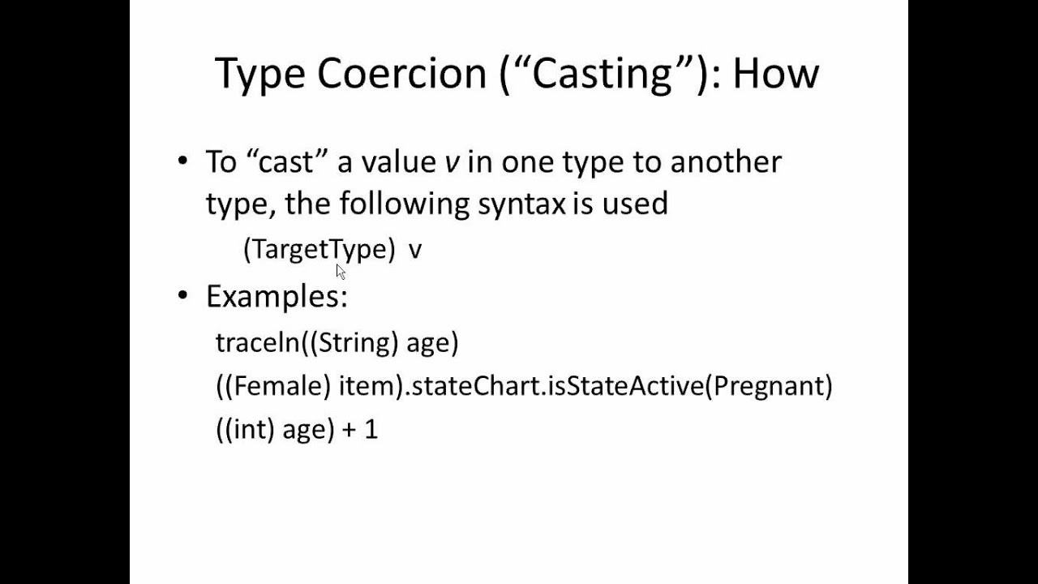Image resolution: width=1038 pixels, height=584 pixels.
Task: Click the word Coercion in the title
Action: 402,74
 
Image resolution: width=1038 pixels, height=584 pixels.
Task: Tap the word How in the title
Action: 775,74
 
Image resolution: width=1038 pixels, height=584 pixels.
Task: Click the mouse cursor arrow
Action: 340,271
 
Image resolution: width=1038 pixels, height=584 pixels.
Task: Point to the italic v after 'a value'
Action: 452,162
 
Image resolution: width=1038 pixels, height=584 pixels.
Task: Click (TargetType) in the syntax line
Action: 319,249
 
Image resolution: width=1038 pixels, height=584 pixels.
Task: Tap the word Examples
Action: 277,296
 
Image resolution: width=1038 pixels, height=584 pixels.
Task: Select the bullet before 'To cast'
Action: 182,161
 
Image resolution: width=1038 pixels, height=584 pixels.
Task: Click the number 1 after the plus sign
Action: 371,429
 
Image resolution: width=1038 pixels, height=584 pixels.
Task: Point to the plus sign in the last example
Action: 350,429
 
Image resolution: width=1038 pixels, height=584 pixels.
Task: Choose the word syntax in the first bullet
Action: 521,204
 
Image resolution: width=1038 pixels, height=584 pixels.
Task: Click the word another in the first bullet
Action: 725,162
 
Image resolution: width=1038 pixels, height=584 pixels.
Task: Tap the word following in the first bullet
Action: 404,204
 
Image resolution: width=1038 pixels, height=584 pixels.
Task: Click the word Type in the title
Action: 259,74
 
